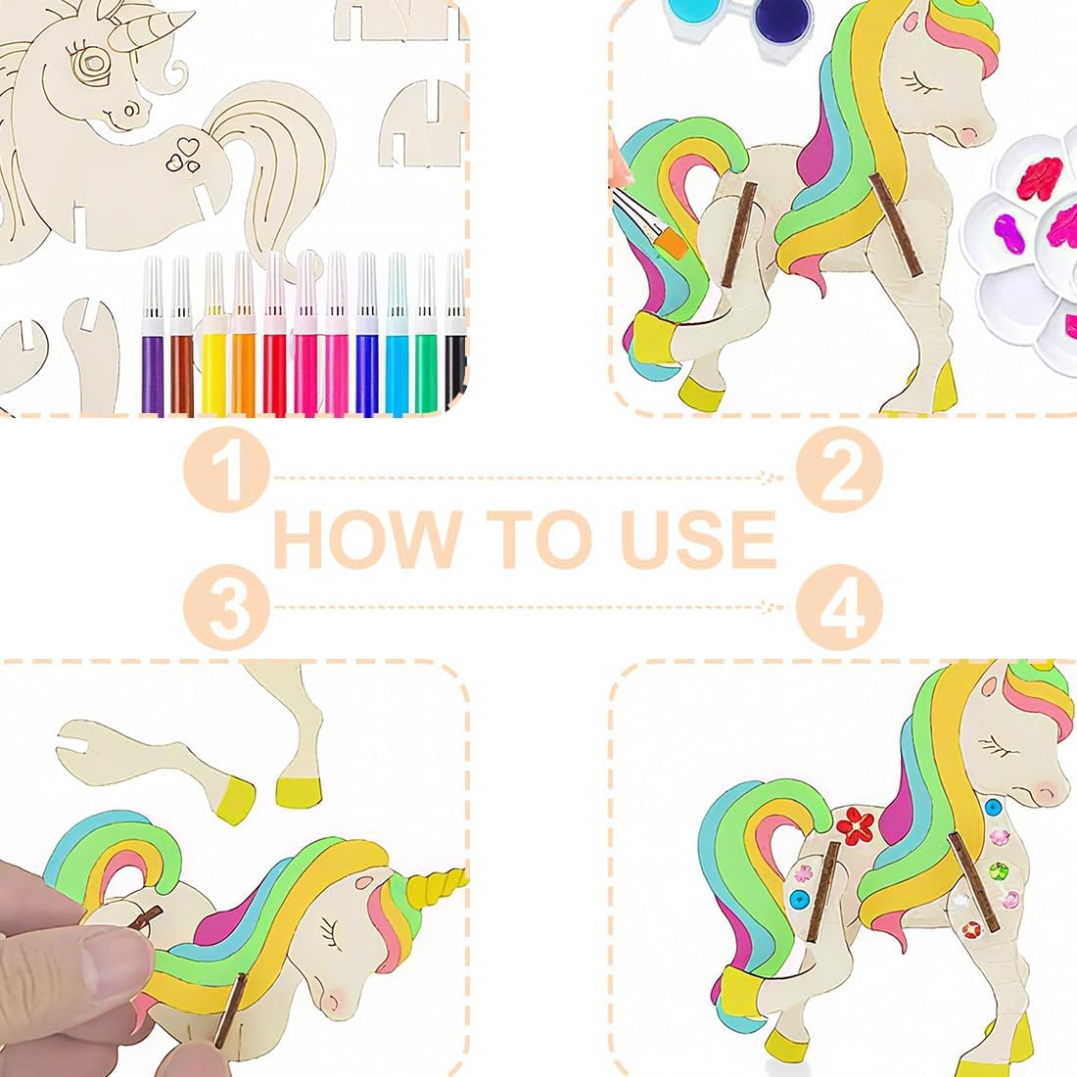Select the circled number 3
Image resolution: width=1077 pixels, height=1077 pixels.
[226, 607]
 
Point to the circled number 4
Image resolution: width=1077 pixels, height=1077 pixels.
[839, 607]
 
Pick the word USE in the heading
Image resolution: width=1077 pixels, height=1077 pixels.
[698, 539]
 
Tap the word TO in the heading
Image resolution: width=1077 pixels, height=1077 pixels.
[540, 539]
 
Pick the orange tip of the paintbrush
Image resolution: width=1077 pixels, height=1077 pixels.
[671, 244]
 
